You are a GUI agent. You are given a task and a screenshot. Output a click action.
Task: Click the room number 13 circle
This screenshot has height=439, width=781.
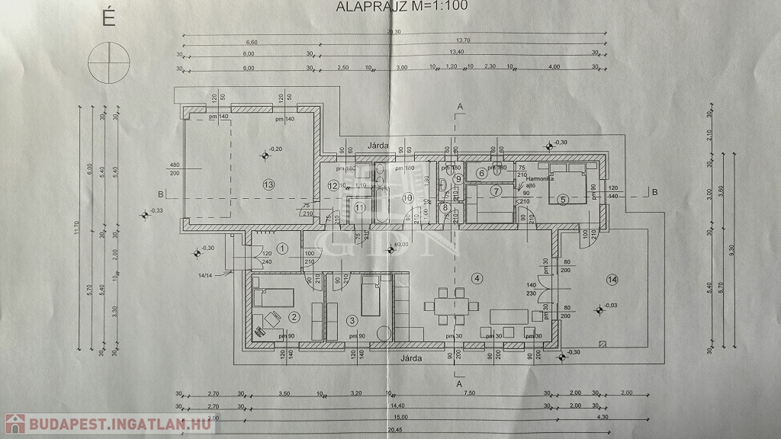coord(268,184)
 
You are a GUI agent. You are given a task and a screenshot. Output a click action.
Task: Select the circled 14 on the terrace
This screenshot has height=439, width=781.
coord(612,280)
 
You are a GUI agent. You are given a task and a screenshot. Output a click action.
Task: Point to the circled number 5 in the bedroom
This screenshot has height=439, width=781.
coord(564,199)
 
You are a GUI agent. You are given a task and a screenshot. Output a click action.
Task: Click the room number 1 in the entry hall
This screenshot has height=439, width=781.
coord(283,248)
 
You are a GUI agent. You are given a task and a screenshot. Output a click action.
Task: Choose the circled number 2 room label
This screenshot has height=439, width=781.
coord(294,318)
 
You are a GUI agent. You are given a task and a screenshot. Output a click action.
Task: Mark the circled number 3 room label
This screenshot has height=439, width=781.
coord(352,321)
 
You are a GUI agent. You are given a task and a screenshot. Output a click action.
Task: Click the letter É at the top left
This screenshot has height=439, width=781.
coord(108,19)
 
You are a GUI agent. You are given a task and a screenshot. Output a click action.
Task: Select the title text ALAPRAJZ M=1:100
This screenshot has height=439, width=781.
coord(401,7)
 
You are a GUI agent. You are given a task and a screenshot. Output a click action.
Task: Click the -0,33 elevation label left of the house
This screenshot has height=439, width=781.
coord(156,211)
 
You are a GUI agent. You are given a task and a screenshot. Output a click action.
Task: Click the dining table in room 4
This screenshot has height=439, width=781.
coord(449,307)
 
